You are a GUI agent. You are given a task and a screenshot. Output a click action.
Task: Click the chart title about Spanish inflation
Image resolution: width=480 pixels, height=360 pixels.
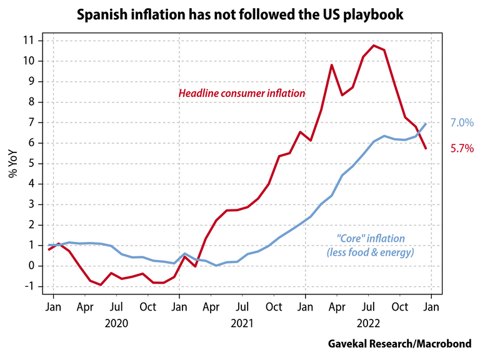239,13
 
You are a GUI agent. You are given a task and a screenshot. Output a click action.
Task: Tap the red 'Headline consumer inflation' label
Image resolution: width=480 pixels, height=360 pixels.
242,93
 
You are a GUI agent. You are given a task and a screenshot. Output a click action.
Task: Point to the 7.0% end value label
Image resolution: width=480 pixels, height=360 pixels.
461,124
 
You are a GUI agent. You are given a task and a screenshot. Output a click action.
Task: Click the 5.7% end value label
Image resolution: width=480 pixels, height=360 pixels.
461,149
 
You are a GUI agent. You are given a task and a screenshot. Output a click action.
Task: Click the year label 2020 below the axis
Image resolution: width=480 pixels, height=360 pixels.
116,323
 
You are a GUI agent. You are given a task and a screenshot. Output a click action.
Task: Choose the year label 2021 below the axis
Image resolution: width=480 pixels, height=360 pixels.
242,323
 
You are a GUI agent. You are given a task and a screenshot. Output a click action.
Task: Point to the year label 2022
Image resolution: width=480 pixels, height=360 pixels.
369,323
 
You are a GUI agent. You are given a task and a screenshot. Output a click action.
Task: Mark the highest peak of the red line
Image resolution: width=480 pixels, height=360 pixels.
373,45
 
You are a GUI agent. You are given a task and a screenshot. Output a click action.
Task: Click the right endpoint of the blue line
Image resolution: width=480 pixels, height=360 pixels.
426,123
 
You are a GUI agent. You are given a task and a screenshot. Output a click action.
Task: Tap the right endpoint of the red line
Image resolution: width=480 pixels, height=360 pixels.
426,149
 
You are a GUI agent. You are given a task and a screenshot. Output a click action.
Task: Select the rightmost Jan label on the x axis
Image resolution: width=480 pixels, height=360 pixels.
432,307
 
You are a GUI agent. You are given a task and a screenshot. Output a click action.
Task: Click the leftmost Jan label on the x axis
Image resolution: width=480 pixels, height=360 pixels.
53,307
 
